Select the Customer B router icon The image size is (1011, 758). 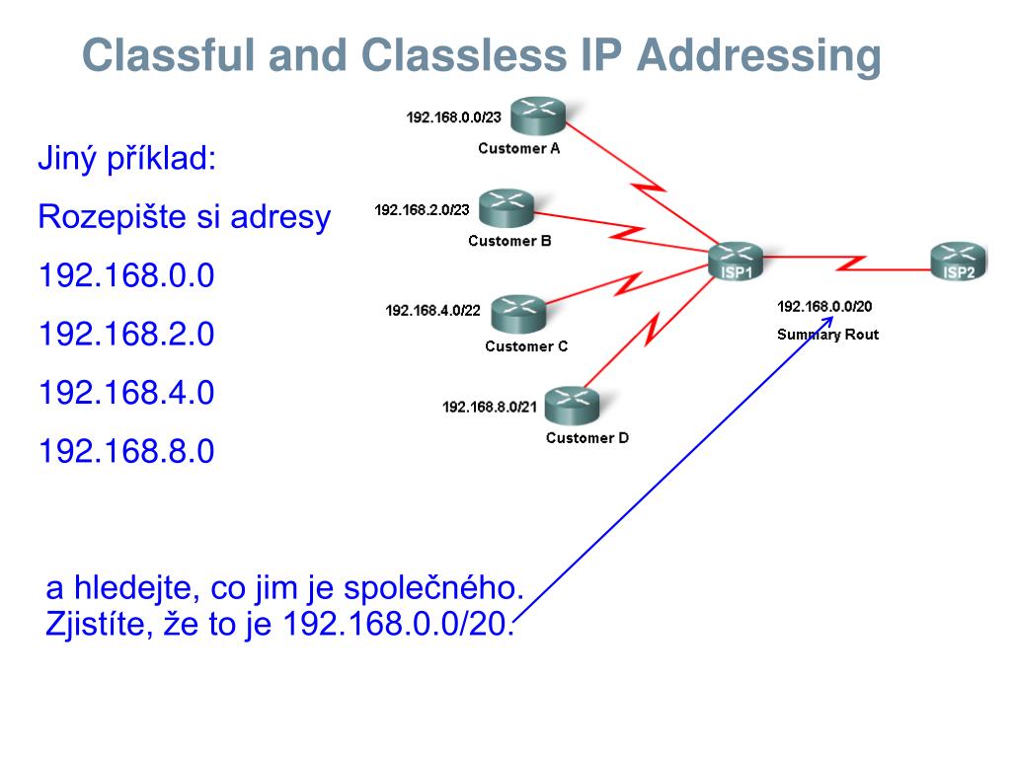[x=506, y=208]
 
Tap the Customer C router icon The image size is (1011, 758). [x=518, y=312]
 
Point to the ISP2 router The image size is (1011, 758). [x=958, y=261]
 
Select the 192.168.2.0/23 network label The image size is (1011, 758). [x=423, y=210]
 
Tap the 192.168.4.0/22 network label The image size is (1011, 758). [x=432, y=310]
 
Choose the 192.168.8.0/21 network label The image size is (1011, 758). [x=490, y=406]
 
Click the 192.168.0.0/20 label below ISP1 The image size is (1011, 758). [x=824, y=306]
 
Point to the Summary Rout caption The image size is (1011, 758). [x=827, y=335]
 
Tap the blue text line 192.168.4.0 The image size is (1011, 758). [x=126, y=393]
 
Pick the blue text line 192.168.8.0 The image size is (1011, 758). [x=126, y=451]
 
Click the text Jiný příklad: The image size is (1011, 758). [x=126, y=158]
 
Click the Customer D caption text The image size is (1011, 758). [x=586, y=438]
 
